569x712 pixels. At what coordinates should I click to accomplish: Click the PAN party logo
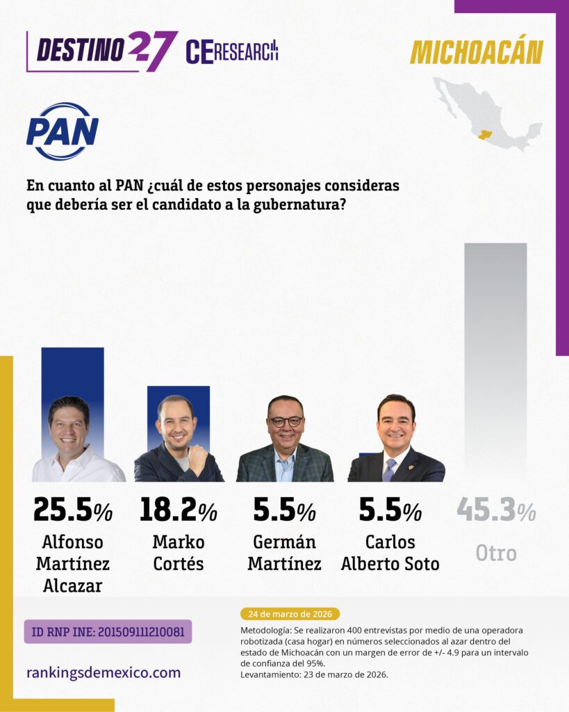(x=63, y=131)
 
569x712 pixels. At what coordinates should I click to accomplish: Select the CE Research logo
(x=232, y=51)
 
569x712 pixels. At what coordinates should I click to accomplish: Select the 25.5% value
(x=72, y=510)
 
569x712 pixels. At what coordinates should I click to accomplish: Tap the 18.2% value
(x=179, y=510)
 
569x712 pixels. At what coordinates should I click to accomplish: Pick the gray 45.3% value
(x=497, y=510)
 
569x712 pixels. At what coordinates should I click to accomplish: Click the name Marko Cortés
(x=179, y=553)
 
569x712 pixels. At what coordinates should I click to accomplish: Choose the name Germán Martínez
(x=285, y=553)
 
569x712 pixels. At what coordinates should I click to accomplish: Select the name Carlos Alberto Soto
(x=390, y=553)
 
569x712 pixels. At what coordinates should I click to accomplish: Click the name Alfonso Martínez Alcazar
(x=72, y=563)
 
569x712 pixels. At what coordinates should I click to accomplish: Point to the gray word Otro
(x=496, y=553)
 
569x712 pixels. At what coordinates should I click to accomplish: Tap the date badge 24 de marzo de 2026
(x=290, y=614)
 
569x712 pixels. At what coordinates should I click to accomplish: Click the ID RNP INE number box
(x=108, y=631)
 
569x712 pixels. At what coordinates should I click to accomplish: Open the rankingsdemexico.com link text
(x=104, y=672)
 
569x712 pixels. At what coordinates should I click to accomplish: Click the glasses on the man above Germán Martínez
(x=286, y=421)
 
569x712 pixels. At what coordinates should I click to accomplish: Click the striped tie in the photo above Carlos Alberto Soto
(x=389, y=470)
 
